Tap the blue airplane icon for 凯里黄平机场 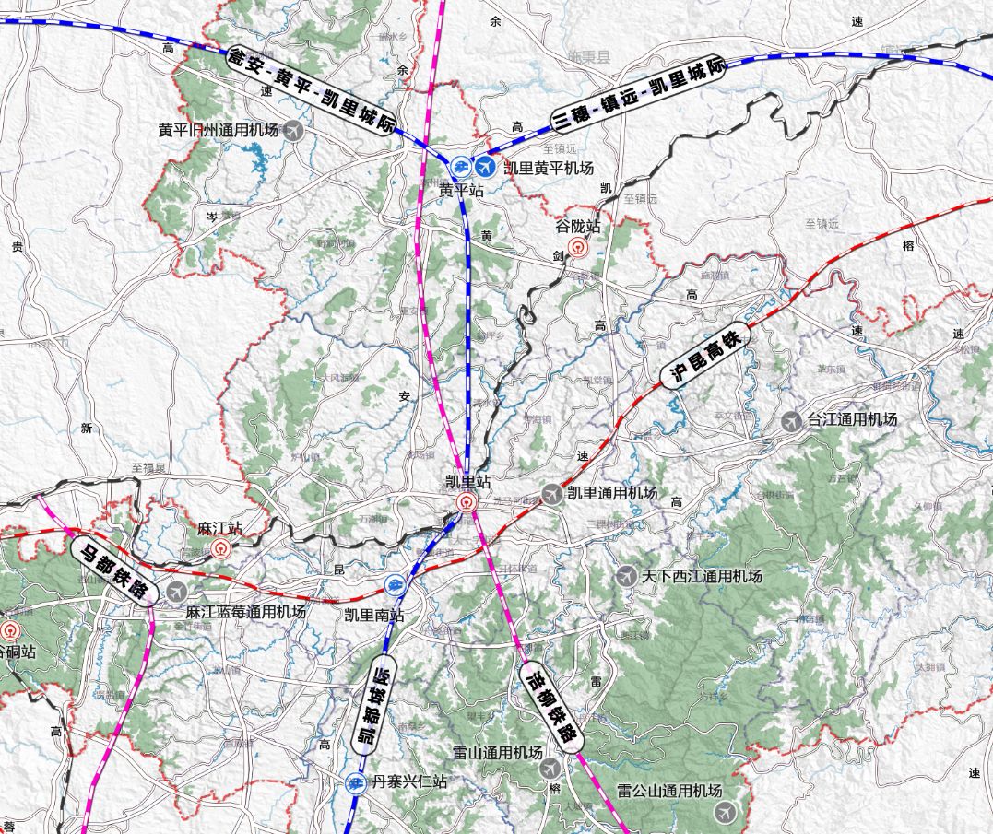pyautogui.click(x=485, y=167)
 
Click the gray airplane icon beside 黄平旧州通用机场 pyautogui.click(x=293, y=130)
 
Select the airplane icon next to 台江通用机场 pyautogui.click(x=791, y=420)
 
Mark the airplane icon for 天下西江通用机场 pyautogui.click(x=626, y=576)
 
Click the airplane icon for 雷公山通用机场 pyautogui.click(x=726, y=812)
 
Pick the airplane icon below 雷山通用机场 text pyautogui.click(x=550, y=768)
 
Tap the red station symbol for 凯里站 pyautogui.click(x=467, y=502)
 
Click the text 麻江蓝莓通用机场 pyautogui.click(x=245, y=612)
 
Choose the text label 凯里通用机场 pyautogui.click(x=612, y=494)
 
